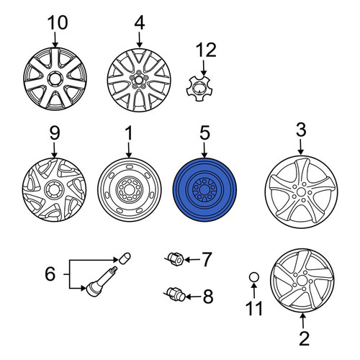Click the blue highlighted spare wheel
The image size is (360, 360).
204,189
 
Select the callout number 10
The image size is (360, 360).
58,22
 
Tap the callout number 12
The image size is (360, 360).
206,50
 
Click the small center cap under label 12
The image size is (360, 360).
198,89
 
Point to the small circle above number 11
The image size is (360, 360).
254,277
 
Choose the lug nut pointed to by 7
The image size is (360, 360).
176,259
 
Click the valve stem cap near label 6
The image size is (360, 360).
125,258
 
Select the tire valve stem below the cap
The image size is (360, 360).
102,282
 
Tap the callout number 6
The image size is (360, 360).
50,274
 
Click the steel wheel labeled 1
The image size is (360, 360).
129,189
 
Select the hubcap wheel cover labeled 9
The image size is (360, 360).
54,189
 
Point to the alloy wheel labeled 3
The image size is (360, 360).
301,192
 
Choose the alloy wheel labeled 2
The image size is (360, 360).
302,280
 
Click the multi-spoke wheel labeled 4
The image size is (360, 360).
139,80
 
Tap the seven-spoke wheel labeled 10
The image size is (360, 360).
55,79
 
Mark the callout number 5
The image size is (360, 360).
204,132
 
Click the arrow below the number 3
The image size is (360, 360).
300,148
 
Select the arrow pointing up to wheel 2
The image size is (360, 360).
303,320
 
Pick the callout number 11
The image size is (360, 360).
254,308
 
